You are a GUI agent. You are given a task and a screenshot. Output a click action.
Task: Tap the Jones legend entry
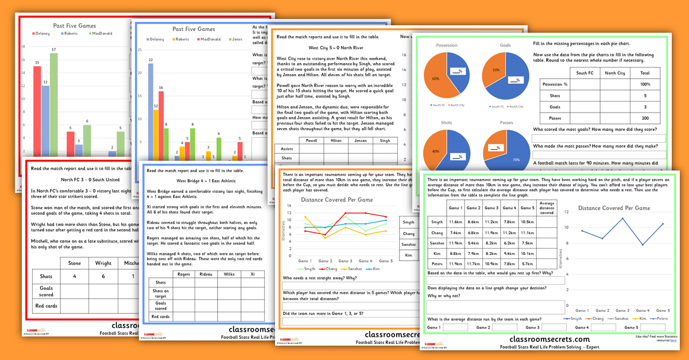tap(234, 39)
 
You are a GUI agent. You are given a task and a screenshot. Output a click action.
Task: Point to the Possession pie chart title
tap(447, 45)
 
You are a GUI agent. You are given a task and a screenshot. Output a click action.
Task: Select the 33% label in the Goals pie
tap(496, 69)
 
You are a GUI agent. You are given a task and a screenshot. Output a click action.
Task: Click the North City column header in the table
tap(614, 73)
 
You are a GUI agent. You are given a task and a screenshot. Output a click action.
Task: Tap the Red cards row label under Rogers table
tap(160, 316)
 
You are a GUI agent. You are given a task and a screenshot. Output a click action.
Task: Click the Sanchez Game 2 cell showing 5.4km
tap(474, 242)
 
